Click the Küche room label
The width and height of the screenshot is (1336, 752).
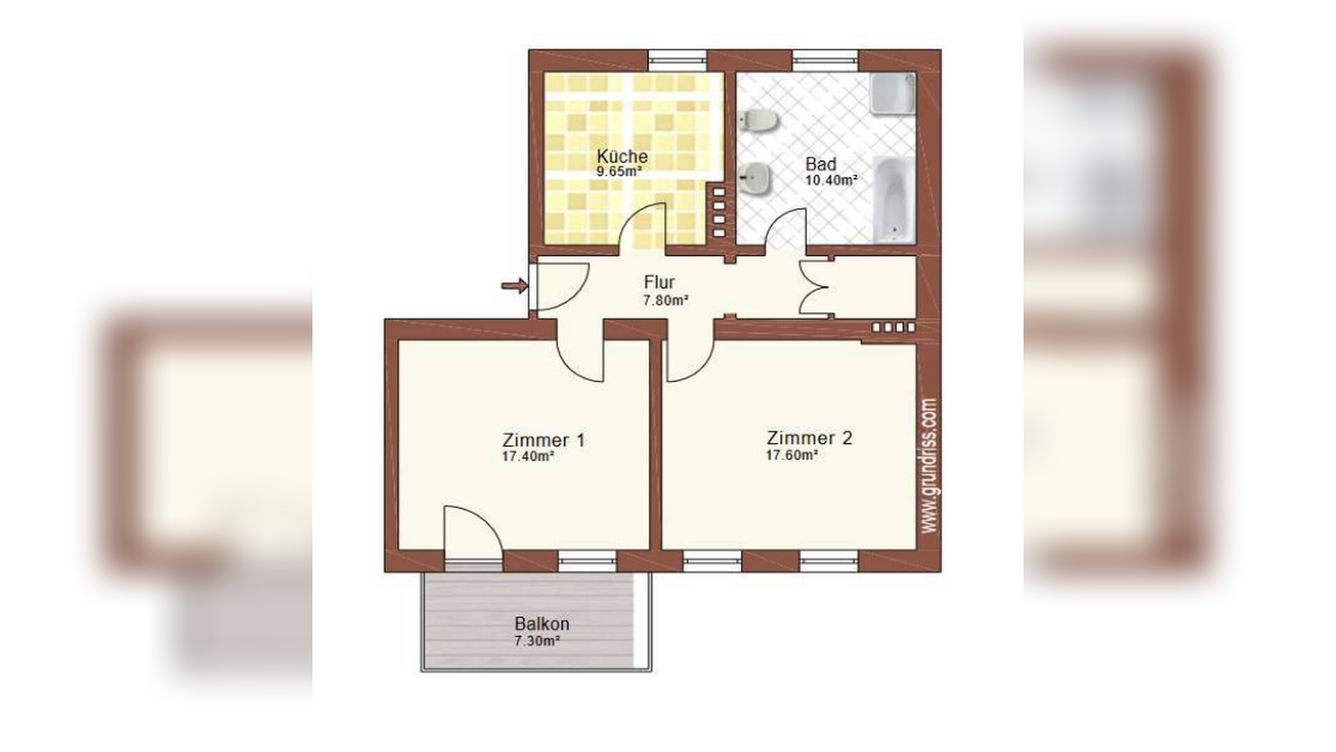point(622,156)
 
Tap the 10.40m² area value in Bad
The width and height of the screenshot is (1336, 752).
point(831,180)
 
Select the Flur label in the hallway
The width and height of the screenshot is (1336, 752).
point(659,282)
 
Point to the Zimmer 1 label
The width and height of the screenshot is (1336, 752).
point(543,440)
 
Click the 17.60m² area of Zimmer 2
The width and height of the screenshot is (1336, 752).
point(791,455)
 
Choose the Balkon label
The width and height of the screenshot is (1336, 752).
point(542,624)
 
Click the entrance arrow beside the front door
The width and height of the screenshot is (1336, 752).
point(514,285)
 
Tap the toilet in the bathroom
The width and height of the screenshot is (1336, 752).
point(758,121)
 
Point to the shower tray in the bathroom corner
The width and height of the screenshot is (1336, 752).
point(893,94)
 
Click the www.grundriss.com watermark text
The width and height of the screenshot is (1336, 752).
point(930,466)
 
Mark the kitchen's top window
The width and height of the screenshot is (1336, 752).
point(677,61)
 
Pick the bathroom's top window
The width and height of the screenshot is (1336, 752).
point(825,61)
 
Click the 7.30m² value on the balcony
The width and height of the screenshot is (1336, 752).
point(537,641)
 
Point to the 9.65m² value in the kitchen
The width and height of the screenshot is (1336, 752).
point(619,171)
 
